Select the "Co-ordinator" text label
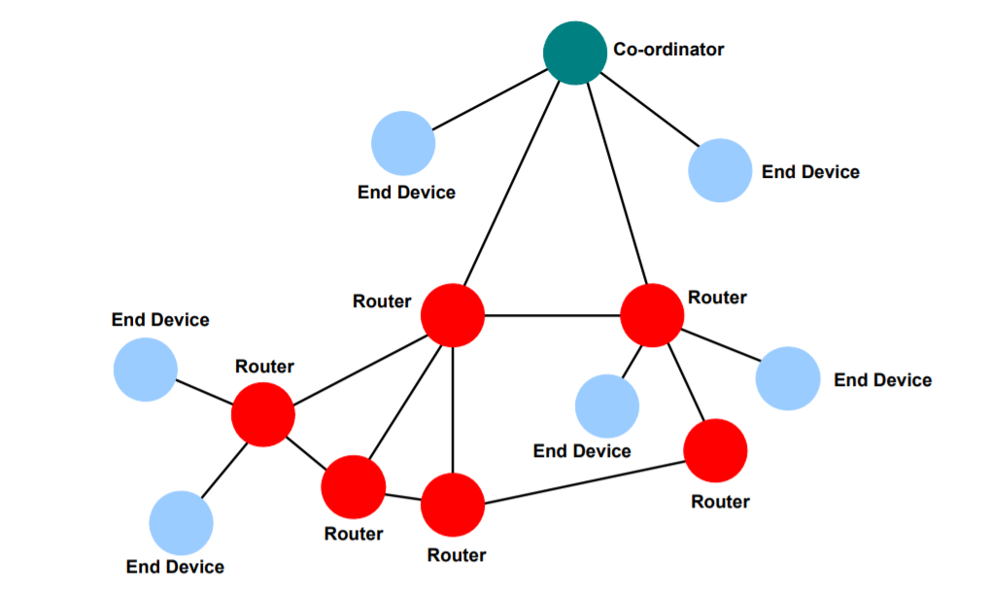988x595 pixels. click(x=668, y=49)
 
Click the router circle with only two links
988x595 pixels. click(x=715, y=450)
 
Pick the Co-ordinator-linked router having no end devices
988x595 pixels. click(x=453, y=315)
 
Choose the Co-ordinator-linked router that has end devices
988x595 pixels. click(x=652, y=315)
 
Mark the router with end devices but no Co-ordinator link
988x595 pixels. click(x=262, y=414)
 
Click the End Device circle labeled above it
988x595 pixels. click(x=146, y=369)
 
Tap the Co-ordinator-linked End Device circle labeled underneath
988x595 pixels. click(x=403, y=143)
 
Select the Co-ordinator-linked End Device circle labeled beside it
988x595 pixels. click(x=720, y=170)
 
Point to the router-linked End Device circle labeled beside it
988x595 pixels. click(x=787, y=378)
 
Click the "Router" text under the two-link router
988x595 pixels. click(x=720, y=502)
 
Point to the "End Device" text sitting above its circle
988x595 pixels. click(x=160, y=320)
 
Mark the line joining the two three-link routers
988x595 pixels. click(x=403, y=497)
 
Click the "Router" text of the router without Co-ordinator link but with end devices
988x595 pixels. click(x=264, y=367)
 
